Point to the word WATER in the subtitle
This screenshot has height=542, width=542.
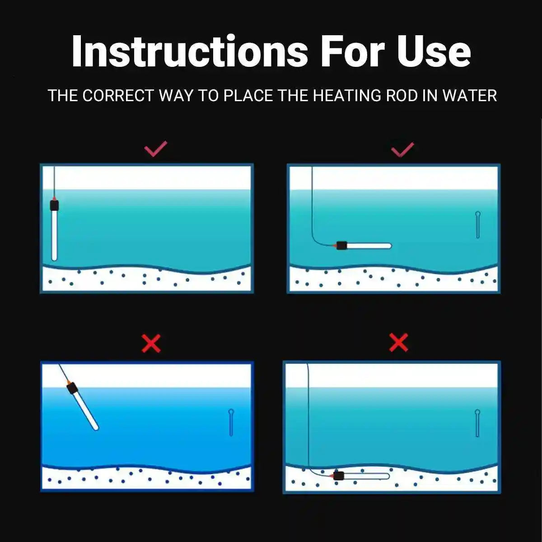(x=469, y=96)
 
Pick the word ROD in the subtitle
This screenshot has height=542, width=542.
(x=403, y=96)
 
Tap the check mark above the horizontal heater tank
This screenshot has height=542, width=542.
(x=402, y=149)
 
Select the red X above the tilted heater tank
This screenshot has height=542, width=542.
(x=151, y=344)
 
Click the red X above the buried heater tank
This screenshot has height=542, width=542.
(x=398, y=343)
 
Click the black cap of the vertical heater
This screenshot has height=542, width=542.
(x=54, y=206)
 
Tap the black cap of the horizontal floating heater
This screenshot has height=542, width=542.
(x=341, y=246)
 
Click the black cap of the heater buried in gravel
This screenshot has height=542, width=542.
(x=338, y=476)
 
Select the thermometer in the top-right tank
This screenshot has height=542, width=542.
(x=478, y=224)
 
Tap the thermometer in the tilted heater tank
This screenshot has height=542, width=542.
(x=231, y=422)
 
